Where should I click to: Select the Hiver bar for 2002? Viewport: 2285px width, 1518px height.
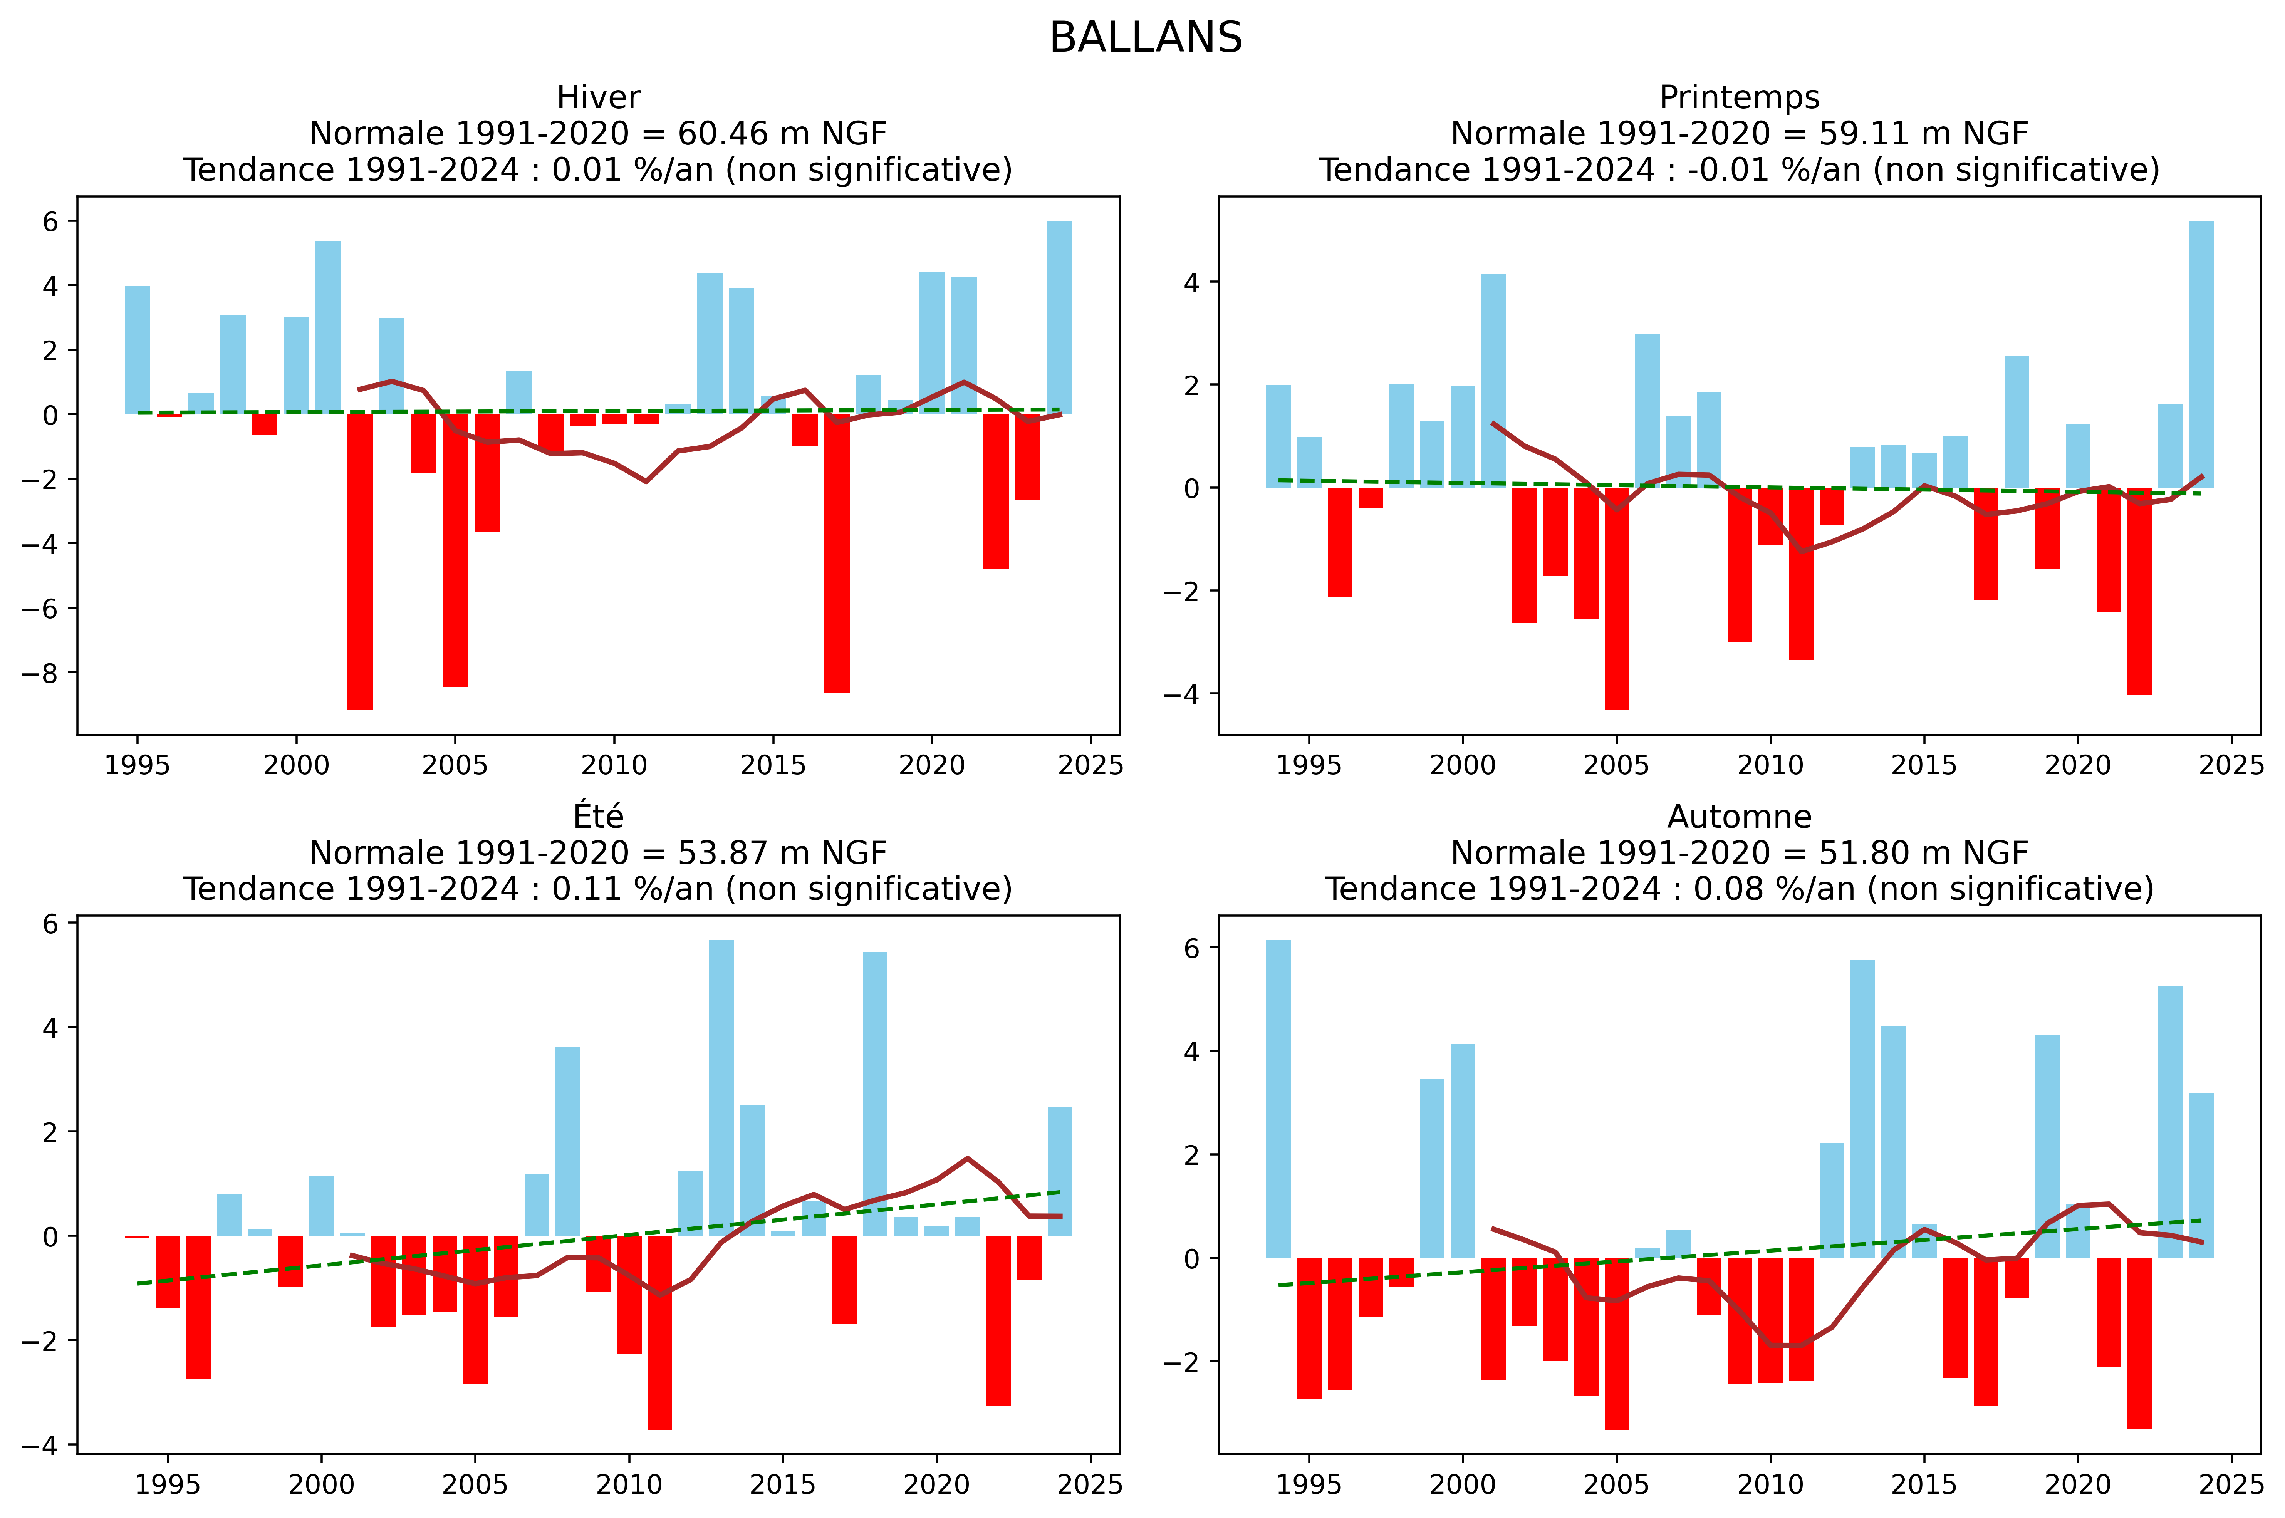(360, 562)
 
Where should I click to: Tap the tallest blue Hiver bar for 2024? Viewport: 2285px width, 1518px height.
(1059, 317)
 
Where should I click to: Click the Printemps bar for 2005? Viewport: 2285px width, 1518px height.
(1616, 598)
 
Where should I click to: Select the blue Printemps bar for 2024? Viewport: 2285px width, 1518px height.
(2201, 353)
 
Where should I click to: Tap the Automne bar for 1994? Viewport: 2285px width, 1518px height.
(1278, 1099)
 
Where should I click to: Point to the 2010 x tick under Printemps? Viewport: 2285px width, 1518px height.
(1770, 765)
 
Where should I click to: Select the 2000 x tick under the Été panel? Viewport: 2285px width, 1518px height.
(322, 1484)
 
